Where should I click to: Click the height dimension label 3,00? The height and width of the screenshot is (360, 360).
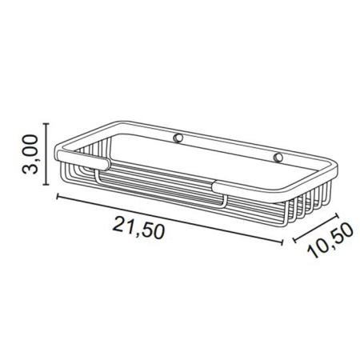pos(30,154)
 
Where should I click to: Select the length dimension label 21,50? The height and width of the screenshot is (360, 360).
pos(138,228)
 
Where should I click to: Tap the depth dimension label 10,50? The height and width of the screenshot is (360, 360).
pos(330,240)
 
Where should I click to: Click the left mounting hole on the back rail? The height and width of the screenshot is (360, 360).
pos(178,138)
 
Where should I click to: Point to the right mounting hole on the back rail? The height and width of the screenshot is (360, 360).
pos(278,158)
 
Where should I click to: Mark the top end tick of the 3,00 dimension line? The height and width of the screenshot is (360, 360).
pos(46,124)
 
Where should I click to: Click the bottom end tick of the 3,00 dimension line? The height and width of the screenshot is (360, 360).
pos(46,184)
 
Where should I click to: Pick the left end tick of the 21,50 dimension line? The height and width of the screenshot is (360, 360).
pos(58,197)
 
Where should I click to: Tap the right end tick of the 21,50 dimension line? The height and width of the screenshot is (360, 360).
pos(282,242)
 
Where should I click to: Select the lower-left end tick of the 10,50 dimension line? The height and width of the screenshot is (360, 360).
pos(294,239)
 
